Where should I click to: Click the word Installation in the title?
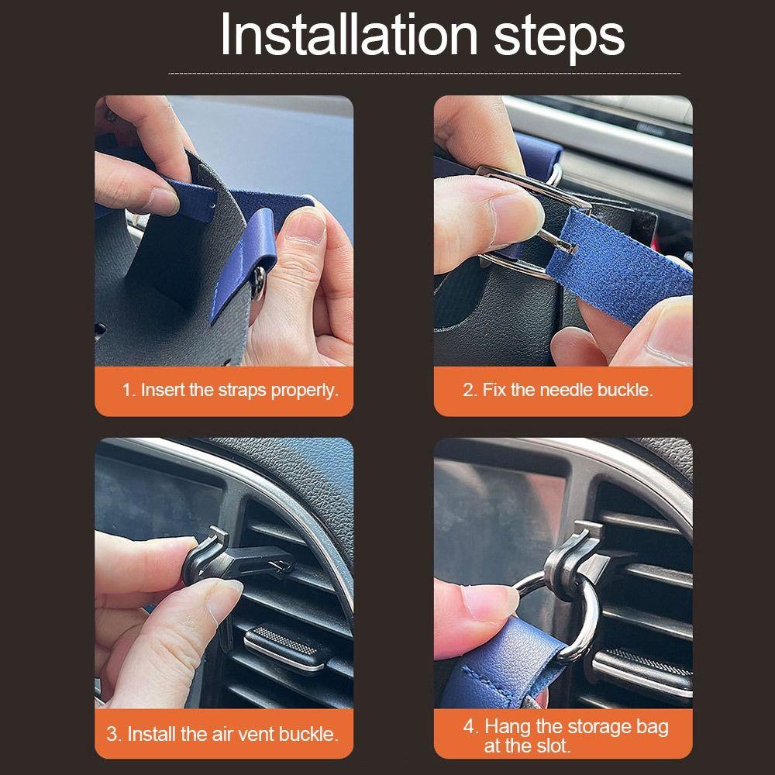(349, 35)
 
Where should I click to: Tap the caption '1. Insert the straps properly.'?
(230, 390)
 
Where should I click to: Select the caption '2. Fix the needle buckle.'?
(558, 390)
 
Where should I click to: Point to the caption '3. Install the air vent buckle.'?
(222, 734)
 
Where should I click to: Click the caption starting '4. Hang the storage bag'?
(566, 735)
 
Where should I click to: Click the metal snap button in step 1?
(258, 283)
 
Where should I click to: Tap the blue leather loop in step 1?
(245, 257)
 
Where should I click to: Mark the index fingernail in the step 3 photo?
(226, 599)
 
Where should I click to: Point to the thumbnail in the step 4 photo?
(489, 601)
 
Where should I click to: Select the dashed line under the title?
(424, 73)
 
